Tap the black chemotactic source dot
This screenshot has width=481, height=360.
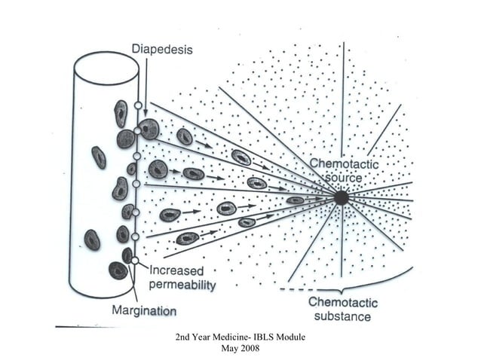tap(341, 197)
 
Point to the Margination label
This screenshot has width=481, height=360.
tap(144, 310)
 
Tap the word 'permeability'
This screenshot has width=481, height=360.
tap(182, 285)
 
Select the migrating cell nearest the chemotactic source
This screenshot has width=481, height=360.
tap(296, 200)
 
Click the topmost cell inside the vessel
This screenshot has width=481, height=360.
tap(120, 113)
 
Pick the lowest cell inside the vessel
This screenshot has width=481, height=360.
tap(118, 270)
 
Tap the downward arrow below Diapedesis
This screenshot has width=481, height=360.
tap(145, 83)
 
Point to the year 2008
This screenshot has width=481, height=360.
tap(249, 349)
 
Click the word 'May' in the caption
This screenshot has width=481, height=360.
tap(228, 349)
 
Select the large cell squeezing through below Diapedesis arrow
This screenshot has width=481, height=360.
tap(149, 130)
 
